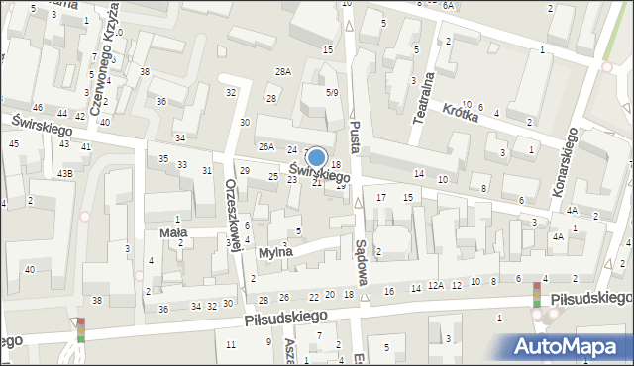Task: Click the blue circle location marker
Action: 316,157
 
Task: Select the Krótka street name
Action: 461,114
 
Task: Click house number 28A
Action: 284,72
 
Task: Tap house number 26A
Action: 265,147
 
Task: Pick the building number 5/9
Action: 333,92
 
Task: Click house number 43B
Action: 64,174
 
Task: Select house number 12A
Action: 436,285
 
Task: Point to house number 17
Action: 381,198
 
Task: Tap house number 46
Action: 37,107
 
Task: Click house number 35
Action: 163,159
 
